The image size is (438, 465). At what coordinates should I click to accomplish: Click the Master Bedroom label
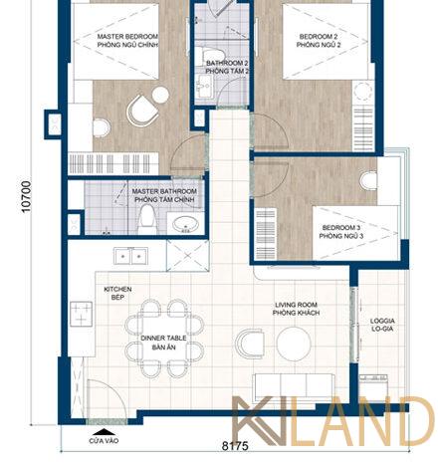click(x=127, y=41)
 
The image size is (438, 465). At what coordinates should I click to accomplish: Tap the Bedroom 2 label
click(x=319, y=41)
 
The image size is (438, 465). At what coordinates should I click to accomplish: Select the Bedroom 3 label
click(x=341, y=232)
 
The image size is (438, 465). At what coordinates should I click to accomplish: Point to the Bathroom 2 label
click(x=227, y=67)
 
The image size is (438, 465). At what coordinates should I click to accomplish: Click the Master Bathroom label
click(x=164, y=195)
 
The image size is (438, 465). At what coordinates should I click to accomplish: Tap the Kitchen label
click(x=117, y=294)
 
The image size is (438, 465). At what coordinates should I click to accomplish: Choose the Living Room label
click(x=296, y=309)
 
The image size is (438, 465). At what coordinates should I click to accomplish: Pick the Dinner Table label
click(x=163, y=343)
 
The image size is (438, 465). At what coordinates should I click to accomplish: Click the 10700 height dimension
click(x=26, y=196)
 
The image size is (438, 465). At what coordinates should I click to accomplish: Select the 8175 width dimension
click(x=235, y=446)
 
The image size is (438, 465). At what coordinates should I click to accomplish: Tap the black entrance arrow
click(x=105, y=432)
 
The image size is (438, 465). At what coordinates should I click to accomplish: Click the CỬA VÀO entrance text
click(x=104, y=441)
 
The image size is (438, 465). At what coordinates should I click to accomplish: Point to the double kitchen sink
click(x=130, y=256)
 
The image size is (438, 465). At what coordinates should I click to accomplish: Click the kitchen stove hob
click(x=81, y=314)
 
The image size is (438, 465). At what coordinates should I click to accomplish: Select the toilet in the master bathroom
click(x=146, y=219)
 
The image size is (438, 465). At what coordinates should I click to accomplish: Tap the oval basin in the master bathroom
click(x=185, y=224)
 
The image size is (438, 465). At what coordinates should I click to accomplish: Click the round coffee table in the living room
click(x=294, y=344)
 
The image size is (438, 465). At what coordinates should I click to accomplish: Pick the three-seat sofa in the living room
click(x=294, y=387)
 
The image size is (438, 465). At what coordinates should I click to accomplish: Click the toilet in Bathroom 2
click(x=210, y=56)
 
